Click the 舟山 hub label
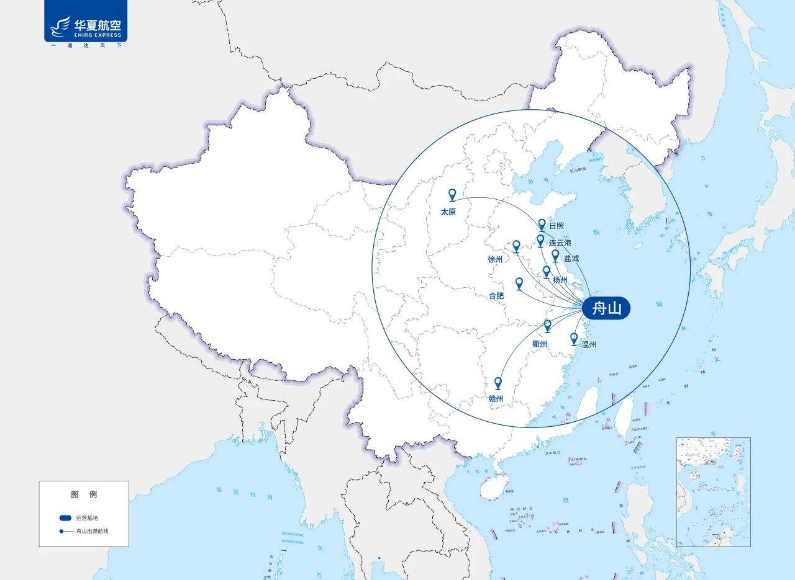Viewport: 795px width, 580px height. [x=606, y=308]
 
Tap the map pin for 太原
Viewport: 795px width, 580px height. [x=452, y=195]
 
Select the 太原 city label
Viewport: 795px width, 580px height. [x=448, y=212]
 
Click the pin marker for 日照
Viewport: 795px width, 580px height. [x=542, y=225]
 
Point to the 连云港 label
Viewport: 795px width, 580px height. [x=560, y=243]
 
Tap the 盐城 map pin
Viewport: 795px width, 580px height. [x=555, y=255]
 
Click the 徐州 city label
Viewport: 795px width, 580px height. [x=495, y=260]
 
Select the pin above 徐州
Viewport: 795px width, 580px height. [x=516, y=246]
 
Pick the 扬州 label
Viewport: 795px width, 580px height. [x=560, y=280]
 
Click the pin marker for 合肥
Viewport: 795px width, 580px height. [x=519, y=283]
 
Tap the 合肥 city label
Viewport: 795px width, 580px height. [x=496, y=296]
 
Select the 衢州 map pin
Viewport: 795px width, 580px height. [x=547, y=325]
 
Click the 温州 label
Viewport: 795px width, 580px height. [x=589, y=344]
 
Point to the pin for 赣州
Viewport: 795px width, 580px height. [x=497, y=383]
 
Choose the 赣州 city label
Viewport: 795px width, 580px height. [x=496, y=398]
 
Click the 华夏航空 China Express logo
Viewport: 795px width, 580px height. [x=86, y=25]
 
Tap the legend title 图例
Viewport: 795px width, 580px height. [x=84, y=494]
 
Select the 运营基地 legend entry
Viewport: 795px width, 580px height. [x=87, y=517]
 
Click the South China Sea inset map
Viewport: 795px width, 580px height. [x=713, y=492]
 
